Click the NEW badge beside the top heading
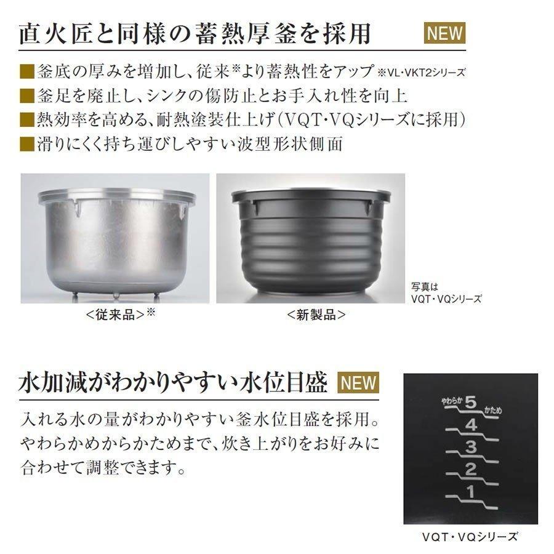[445, 33]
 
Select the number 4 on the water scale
[472, 425]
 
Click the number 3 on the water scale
[471, 448]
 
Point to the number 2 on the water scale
[471, 471]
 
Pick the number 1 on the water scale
[471, 493]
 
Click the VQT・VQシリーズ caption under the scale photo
[470, 537]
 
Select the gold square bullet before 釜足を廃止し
[26, 95]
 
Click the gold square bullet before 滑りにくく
[26, 144]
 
